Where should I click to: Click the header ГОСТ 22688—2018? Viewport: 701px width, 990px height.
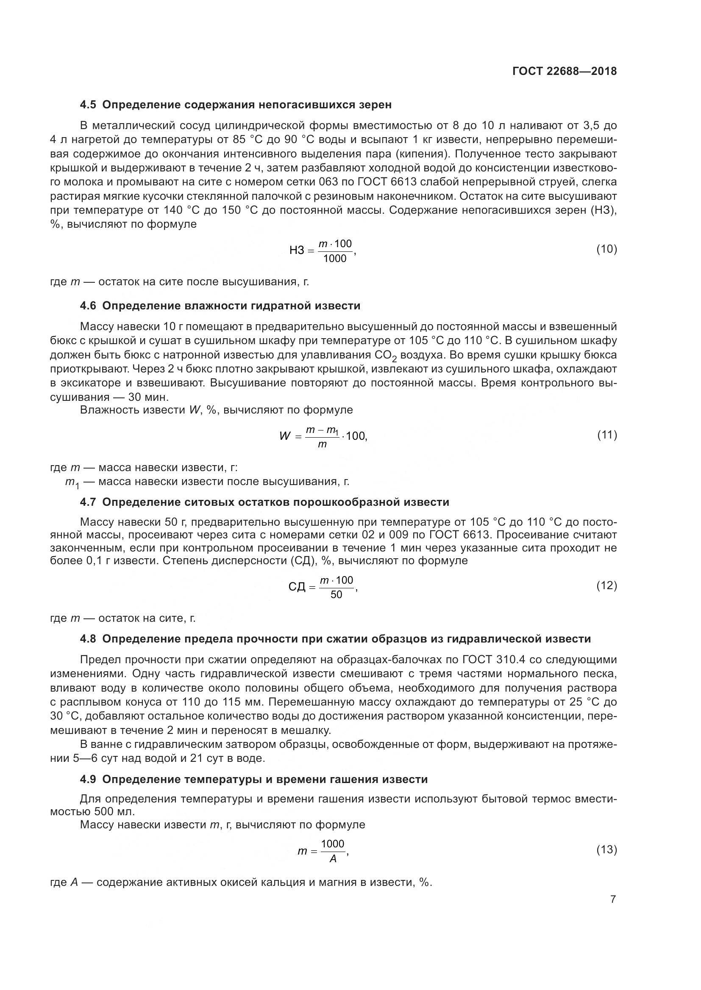564,71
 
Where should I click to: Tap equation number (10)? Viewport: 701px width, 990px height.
606,249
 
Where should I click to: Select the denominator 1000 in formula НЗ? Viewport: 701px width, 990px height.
335,259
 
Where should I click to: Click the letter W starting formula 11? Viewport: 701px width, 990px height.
285,436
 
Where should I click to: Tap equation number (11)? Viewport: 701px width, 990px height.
607,435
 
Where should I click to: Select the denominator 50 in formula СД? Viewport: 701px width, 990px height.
336,595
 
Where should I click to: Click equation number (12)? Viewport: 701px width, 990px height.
606,585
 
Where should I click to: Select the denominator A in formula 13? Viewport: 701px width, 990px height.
333,859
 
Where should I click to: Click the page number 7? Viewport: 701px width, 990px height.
613,899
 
